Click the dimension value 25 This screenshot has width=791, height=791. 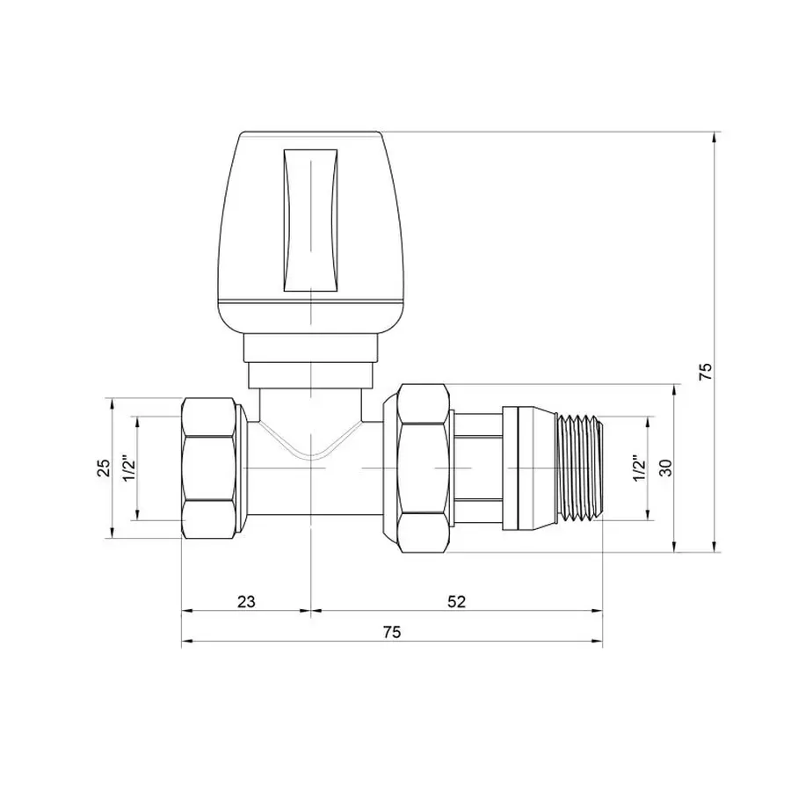click(103, 468)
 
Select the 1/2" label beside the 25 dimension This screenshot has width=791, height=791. click(127, 468)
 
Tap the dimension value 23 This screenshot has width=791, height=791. click(246, 601)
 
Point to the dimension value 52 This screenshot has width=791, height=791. click(456, 601)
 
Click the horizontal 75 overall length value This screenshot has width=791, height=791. click(392, 633)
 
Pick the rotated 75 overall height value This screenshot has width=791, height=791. click(704, 371)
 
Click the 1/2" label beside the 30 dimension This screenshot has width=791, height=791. click(639, 468)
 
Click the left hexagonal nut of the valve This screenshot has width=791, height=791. click(213, 468)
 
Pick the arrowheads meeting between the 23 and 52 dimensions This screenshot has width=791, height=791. click(310, 610)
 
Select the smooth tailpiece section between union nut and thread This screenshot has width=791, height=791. click(477, 468)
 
